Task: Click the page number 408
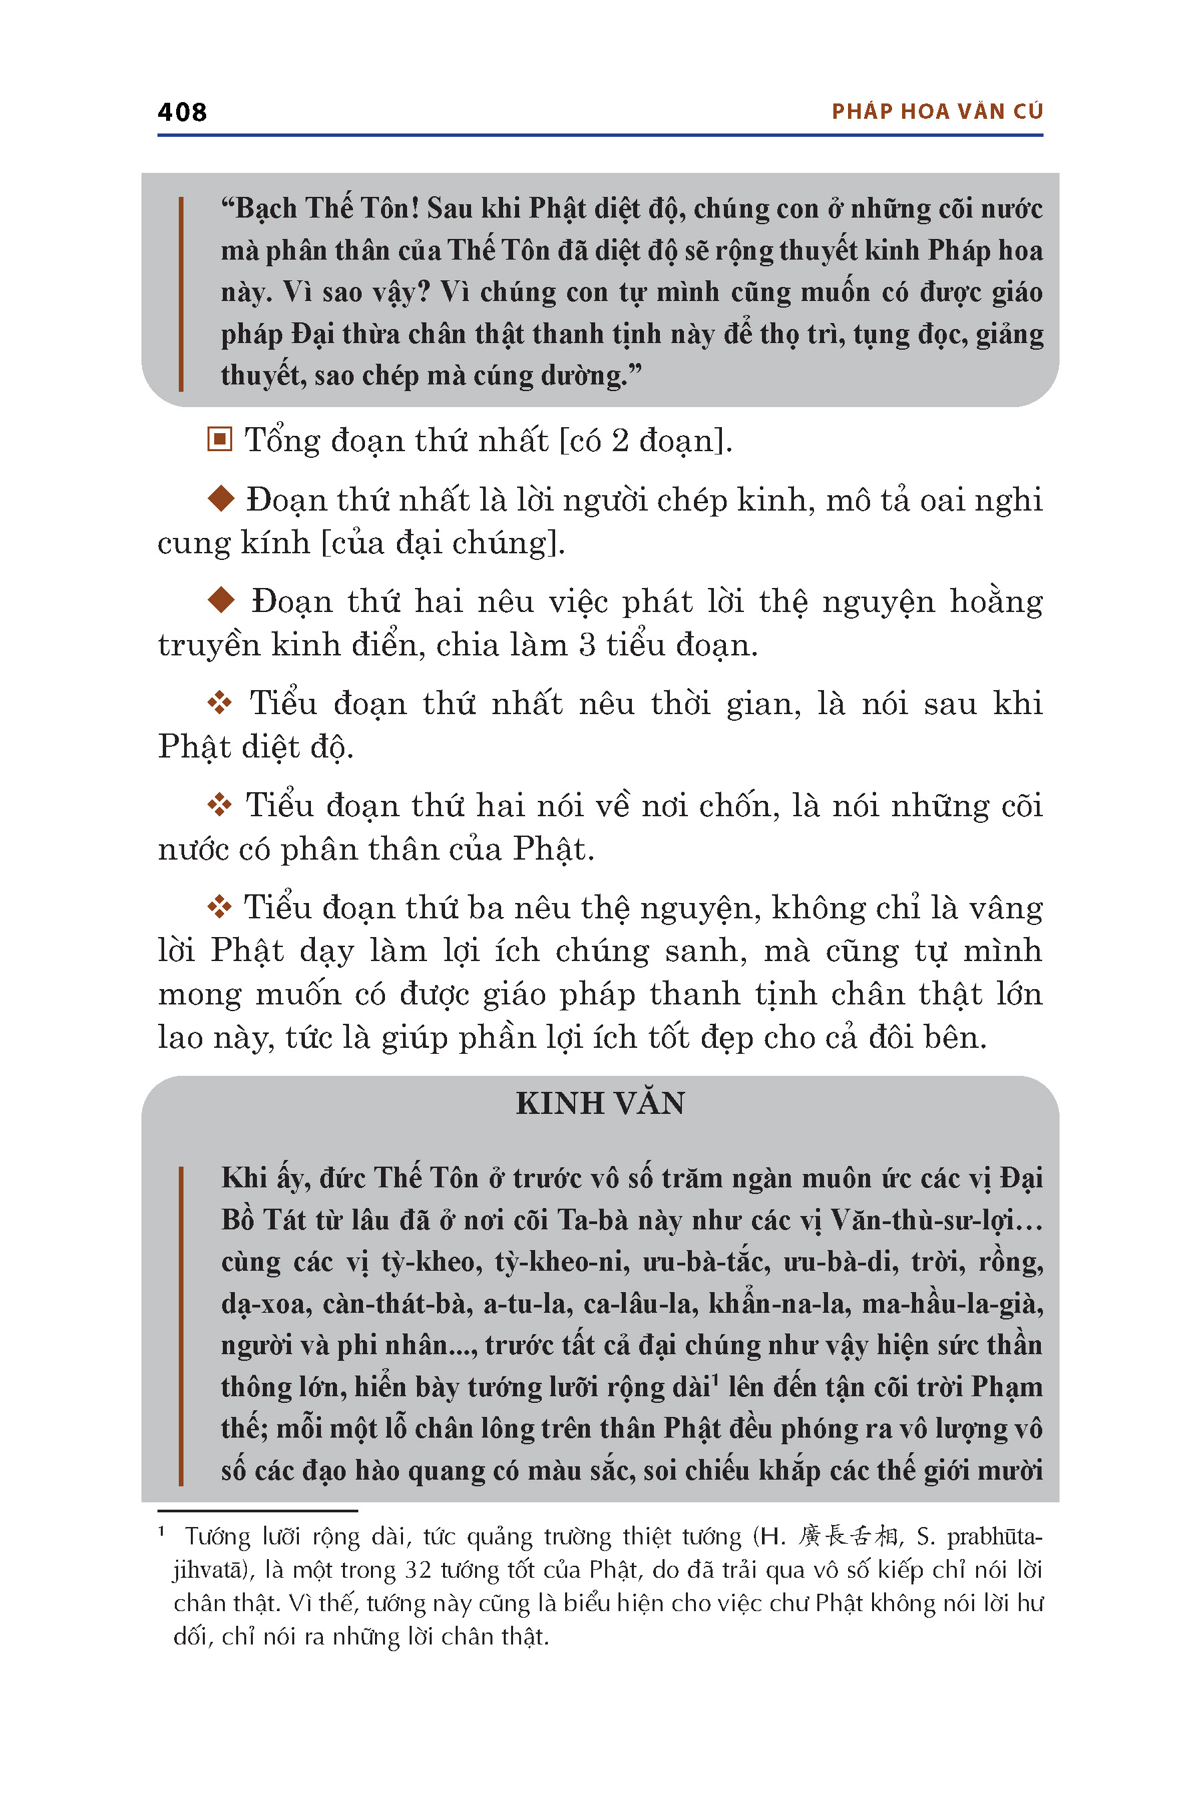[x=181, y=112]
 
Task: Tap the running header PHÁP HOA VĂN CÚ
[x=937, y=112]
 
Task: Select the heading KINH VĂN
[x=600, y=1103]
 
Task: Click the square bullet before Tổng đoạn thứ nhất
[x=220, y=440]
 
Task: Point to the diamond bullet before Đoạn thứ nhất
[x=222, y=499]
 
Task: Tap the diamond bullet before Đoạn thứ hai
[x=222, y=600]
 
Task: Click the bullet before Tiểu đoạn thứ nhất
[x=220, y=703]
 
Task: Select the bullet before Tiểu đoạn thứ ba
[x=220, y=907]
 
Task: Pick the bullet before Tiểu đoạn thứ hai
[x=220, y=804]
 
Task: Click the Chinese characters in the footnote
[x=848, y=1536]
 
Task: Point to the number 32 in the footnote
[x=419, y=1570]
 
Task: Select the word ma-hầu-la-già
[x=953, y=1303]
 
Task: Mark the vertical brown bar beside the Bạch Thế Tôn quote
[x=181, y=294]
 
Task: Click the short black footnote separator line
[x=258, y=1511]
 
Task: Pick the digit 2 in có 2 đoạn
[x=620, y=440]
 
